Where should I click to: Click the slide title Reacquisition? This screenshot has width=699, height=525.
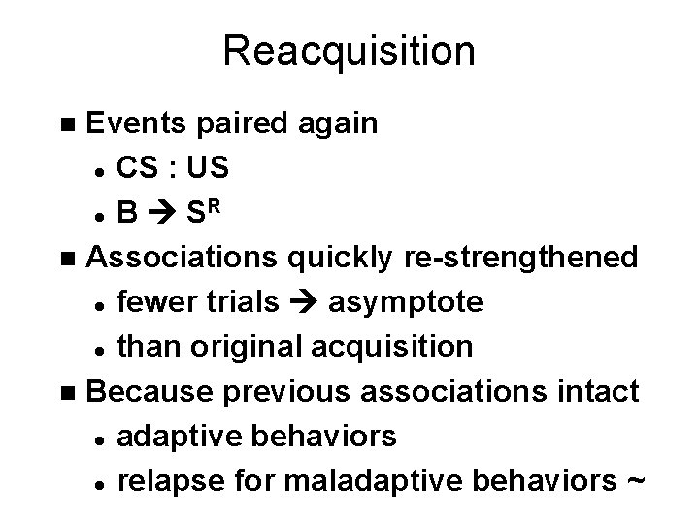point(349,52)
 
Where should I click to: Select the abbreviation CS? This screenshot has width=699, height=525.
point(137,168)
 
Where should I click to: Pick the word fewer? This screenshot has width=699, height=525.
point(153,301)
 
